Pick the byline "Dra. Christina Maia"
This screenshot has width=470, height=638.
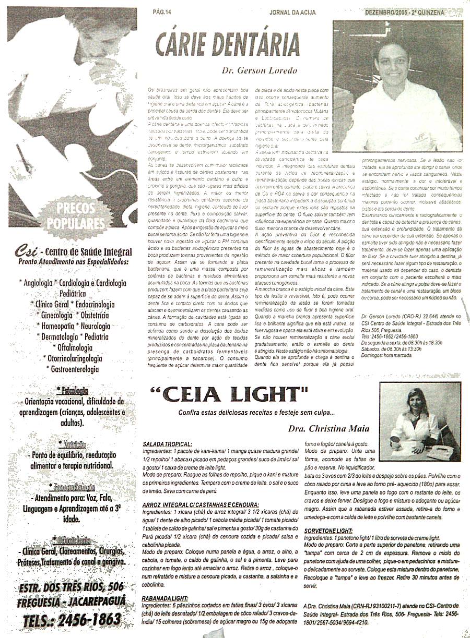(328, 429)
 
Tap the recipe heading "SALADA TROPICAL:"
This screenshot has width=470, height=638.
(167, 444)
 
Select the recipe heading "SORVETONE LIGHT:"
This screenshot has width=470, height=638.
(328, 530)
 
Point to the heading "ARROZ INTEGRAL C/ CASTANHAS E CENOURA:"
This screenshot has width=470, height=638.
(201, 505)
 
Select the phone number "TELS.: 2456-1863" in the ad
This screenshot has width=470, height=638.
(72, 619)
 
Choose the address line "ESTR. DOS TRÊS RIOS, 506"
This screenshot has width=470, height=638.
(72, 587)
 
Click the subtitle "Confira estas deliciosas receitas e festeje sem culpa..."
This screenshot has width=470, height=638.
(256, 413)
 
